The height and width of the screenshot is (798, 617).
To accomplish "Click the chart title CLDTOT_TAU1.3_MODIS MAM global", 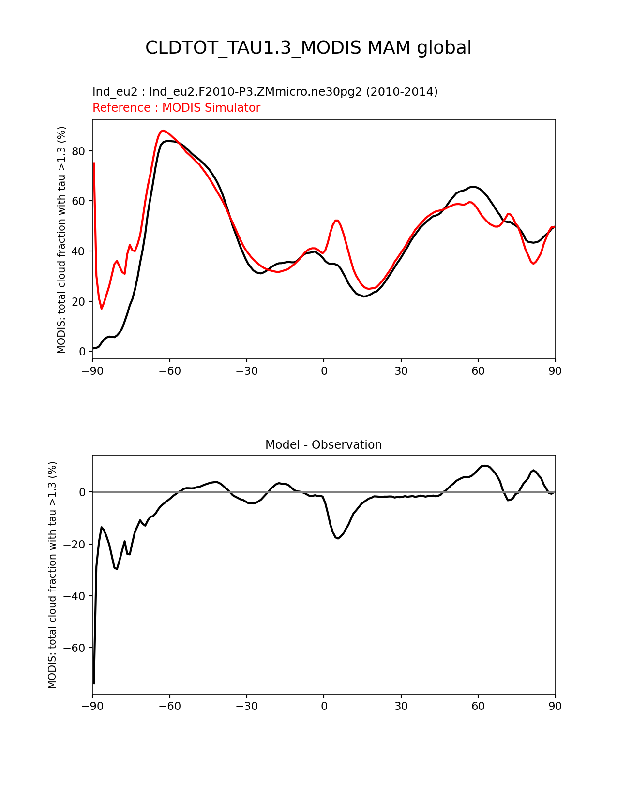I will pyautogui.click(x=308, y=48).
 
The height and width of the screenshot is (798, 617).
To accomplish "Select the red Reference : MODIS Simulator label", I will pyautogui.click(x=176, y=108).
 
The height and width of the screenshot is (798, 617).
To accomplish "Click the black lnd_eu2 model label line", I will pyautogui.click(x=265, y=92).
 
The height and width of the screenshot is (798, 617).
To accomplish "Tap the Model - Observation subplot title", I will pyautogui.click(x=323, y=445).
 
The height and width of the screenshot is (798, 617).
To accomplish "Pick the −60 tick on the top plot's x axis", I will pyautogui.click(x=169, y=371).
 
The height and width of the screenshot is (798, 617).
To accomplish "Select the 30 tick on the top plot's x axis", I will pyautogui.click(x=401, y=371).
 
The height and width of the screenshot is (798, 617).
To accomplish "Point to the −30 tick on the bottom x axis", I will pyautogui.click(x=246, y=706).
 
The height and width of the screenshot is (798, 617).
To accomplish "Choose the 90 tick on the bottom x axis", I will pyautogui.click(x=555, y=706).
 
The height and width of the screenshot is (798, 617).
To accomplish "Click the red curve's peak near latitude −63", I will pyautogui.click(x=163, y=131).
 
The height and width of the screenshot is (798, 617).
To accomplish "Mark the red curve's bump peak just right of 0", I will pyautogui.click(x=337, y=220).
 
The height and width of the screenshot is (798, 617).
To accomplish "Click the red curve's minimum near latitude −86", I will pyautogui.click(x=102, y=309).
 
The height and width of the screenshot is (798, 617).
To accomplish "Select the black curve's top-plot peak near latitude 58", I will pyautogui.click(x=473, y=186).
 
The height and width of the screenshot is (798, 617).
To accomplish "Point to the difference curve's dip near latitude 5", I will pyautogui.click(x=338, y=538).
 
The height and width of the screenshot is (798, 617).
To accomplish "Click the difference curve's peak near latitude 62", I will pyautogui.click(x=484, y=466).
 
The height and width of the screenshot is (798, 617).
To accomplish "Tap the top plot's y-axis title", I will pyautogui.click(x=62, y=240).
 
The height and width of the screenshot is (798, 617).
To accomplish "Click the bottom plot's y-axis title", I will pyautogui.click(x=53, y=575).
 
